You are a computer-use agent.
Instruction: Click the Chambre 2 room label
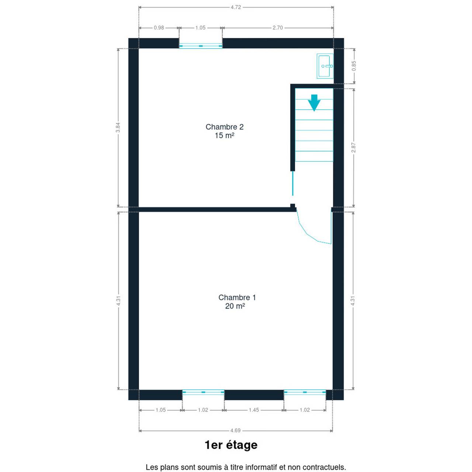224,127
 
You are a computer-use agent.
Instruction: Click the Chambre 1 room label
237,297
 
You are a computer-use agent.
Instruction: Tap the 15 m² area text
224,135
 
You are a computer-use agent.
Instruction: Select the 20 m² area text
235,306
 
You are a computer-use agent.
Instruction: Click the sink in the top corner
325,66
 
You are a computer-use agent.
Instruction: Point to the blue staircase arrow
314,103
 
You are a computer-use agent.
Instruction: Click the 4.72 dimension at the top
236,7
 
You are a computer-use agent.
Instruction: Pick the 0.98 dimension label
159,28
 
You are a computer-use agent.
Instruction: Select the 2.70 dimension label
278,28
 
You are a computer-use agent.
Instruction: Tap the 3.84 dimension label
118,127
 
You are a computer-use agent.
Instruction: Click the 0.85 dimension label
354,66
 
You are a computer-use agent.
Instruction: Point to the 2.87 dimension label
353,147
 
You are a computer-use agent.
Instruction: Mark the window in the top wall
201,46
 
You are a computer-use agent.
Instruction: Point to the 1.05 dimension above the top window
200,28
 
